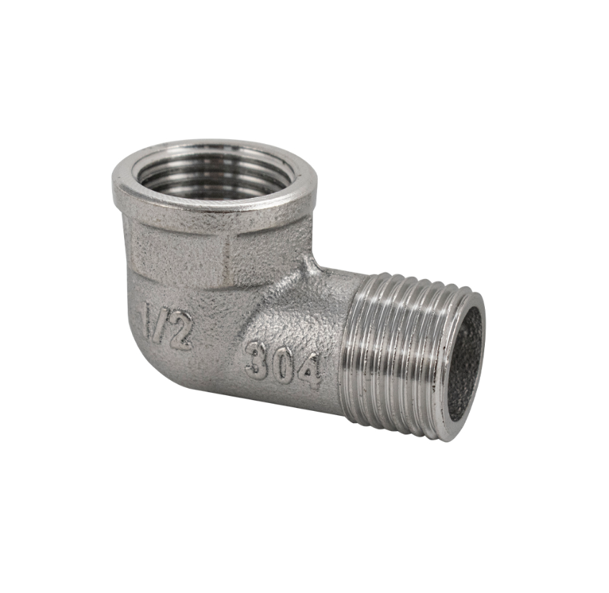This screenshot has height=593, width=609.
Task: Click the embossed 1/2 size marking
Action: click(x=168, y=325)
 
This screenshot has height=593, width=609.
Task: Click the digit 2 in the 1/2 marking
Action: click(x=181, y=331)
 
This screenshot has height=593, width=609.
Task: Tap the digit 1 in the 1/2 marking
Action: click(x=151, y=318)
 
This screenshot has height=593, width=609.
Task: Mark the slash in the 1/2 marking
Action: click(x=164, y=323)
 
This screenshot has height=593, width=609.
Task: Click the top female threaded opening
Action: click(x=214, y=172)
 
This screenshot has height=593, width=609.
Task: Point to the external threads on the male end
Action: click(x=395, y=351)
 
